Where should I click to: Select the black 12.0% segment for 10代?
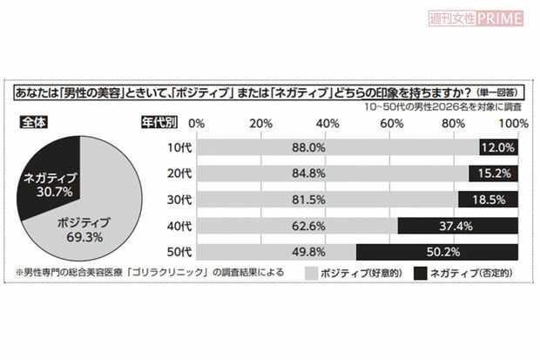click(x=499, y=148)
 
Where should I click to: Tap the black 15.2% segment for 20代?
click(x=494, y=174)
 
